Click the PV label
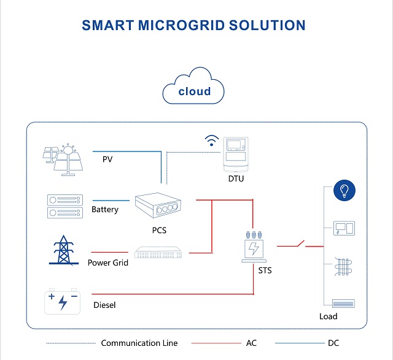coord(107,159)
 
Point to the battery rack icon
coord(65,206)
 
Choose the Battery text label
coord(104,210)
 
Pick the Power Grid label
coord(107,262)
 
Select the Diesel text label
coord(104,305)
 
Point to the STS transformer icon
coord(254,247)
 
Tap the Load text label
coord(329,316)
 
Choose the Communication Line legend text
coord(139,343)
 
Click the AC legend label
coord(251,343)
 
